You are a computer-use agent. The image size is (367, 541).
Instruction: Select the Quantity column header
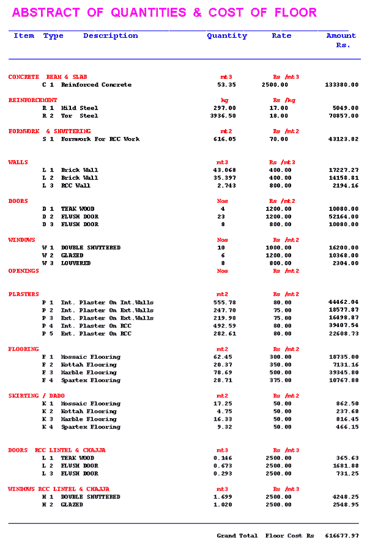[x=227, y=35]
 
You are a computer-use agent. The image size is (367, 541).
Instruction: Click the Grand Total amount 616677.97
[x=342, y=535]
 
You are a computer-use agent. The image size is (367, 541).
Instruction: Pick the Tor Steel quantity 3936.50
[x=223, y=116]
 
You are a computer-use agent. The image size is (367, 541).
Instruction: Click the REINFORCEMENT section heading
[x=33, y=100]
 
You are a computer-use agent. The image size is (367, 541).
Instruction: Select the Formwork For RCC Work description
[x=100, y=139]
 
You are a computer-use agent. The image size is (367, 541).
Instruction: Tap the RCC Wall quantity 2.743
[x=224, y=185]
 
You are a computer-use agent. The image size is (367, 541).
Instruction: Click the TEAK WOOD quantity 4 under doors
[x=223, y=209]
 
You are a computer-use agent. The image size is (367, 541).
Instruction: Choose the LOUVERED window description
[x=76, y=263]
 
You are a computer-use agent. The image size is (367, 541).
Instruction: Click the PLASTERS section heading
[x=24, y=295]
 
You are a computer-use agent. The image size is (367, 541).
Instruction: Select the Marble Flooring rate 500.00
[x=282, y=372]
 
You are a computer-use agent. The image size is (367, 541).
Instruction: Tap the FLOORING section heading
[x=24, y=349]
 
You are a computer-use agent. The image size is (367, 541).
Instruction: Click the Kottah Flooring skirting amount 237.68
[x=347, y=411]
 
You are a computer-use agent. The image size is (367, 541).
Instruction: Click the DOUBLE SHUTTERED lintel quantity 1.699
[x=224, y=497]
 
